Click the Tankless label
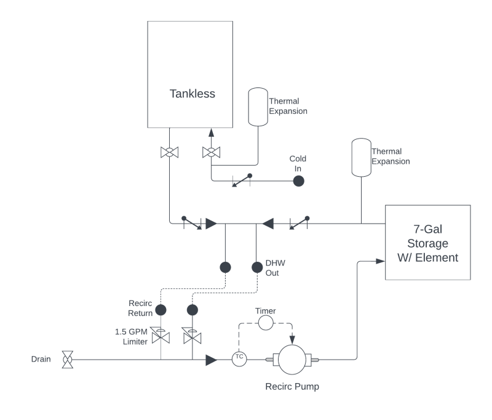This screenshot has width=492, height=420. [x=192, y=94]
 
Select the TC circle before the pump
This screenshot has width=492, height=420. [x=239, y=359]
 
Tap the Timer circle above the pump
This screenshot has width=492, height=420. [x=266, y=323]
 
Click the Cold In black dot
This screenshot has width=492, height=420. [x=298, y=181]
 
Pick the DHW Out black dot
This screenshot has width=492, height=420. [x=257, y=267]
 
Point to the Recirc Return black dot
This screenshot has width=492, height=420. [x=161, y=310]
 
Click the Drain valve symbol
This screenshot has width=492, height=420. [x=68, y=360]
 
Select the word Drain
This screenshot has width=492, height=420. [x=41, y=359]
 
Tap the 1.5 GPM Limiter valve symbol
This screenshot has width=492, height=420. [x=161, y=336]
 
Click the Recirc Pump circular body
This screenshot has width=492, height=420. [x=292, y=360]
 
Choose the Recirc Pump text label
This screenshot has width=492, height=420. [x=292, y=386]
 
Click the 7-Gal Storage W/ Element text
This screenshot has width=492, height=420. [x=427, y=243]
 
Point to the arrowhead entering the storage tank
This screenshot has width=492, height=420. [x=380, y=261]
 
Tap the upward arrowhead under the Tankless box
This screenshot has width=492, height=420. [x=211, y=132]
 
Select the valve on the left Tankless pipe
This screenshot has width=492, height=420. [x=170, y=152]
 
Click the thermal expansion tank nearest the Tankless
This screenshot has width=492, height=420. [x=258, y=107]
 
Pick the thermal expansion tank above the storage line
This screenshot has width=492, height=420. [x=361, y=158]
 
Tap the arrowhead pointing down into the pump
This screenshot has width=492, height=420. [x=292, y=339]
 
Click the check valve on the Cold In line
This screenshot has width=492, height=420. [x=241, y=180]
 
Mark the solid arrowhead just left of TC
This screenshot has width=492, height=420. [x=211, y=360]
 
